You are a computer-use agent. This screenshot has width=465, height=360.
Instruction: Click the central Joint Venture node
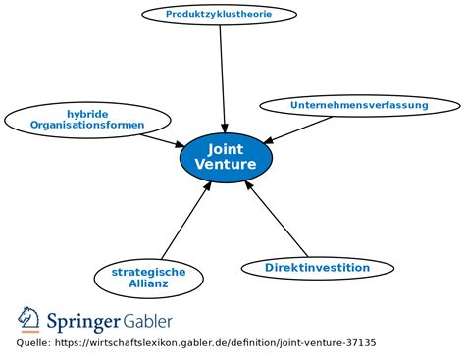pyautogui.click(x=226, y=157)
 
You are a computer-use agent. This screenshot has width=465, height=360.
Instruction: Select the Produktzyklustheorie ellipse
pyautogui.click(x=219, y=14)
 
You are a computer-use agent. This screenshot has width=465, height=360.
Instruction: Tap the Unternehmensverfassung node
pyautogui.click(x=359, y=105)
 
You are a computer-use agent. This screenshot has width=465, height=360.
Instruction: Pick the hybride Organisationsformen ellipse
pyautogui.click(x=87, y=120)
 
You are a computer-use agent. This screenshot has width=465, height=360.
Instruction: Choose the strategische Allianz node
pyautogui.click(x=148, y=278)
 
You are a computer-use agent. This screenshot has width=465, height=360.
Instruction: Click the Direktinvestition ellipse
pyautogui.click(x=318, y=267)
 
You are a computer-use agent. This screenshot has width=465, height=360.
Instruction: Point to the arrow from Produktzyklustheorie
pyautogui.click(x=223, y=78)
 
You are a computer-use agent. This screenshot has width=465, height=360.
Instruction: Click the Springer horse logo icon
pyautogui.click(x=29, y=320)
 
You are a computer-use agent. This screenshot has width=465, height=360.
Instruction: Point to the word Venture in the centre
pyautogui.click(x=226, y=165)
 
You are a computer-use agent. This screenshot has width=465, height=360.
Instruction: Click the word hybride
pyautogui.click(x=87, y=114)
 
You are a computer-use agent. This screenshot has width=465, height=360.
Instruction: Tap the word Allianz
pyautogui.click(x=148, y=283)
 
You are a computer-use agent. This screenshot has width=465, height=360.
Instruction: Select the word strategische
pyautogui.click(x=148, y=272)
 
